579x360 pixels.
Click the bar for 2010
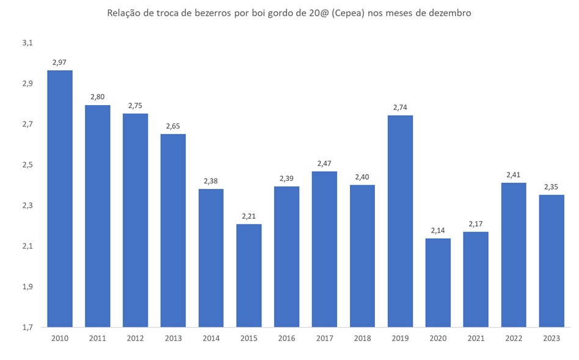[x=60, y=199]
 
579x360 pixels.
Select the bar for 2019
[x=400, y=221]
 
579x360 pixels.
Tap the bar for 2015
[x=249, y=275]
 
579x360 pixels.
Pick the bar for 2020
[x=438, y=282]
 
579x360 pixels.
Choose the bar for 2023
[x=552, y=261]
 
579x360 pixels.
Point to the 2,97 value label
[x=60, y=62]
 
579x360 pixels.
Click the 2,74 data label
[x=400, y=107]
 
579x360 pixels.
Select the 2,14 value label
[x=438, y=230]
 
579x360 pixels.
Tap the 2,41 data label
[x=514, y=175]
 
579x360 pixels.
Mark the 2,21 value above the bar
[x=249, y=216]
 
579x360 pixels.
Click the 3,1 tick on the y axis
[x=27, y=43]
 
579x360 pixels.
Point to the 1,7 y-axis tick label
[x=27, y=327]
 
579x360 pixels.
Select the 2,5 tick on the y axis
[x=27, y=165]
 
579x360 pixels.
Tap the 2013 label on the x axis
[x=173, y=337]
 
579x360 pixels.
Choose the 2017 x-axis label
[x=324, y=337]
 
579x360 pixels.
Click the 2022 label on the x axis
[x=514, y=337]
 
